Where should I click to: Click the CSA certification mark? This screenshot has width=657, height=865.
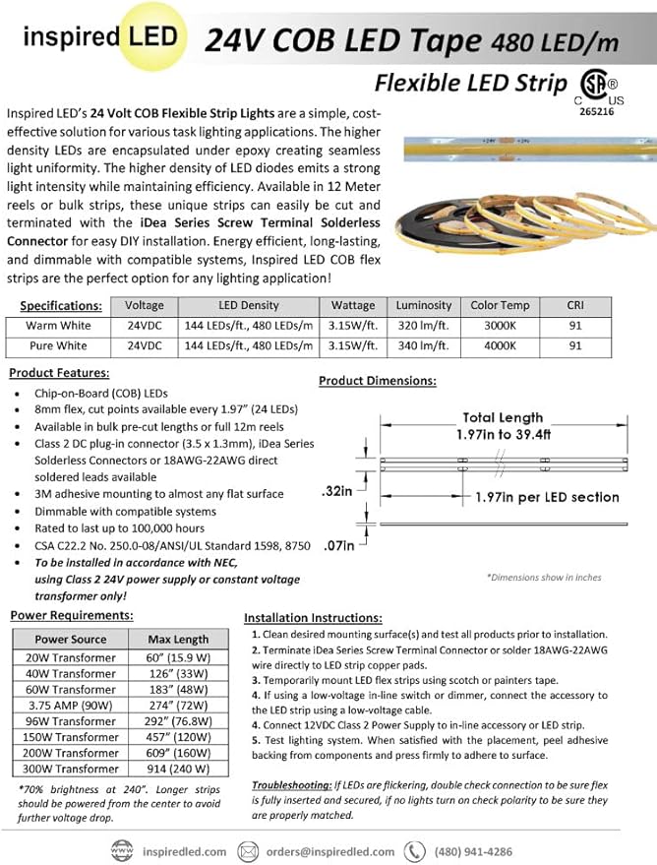[x=589, y=87]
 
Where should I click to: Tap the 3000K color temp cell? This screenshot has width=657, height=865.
[x=500, y=326]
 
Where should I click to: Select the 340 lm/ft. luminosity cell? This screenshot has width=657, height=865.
[x=424, y=346]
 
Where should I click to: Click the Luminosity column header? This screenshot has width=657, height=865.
[x=424, y=305]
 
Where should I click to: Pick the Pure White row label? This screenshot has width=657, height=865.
[x=58, y=346]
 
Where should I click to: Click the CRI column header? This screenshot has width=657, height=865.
[x=575, y=305]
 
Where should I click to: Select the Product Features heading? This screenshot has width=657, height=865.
[x=59, y=373]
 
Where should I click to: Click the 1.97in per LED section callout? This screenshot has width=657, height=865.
[x=546, y=497]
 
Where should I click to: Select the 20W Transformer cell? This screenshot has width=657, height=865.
[x=71, y=658]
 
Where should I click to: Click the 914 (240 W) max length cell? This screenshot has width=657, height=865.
[x=178, y=769]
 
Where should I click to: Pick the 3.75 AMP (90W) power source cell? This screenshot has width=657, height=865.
[x=71, y=706]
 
